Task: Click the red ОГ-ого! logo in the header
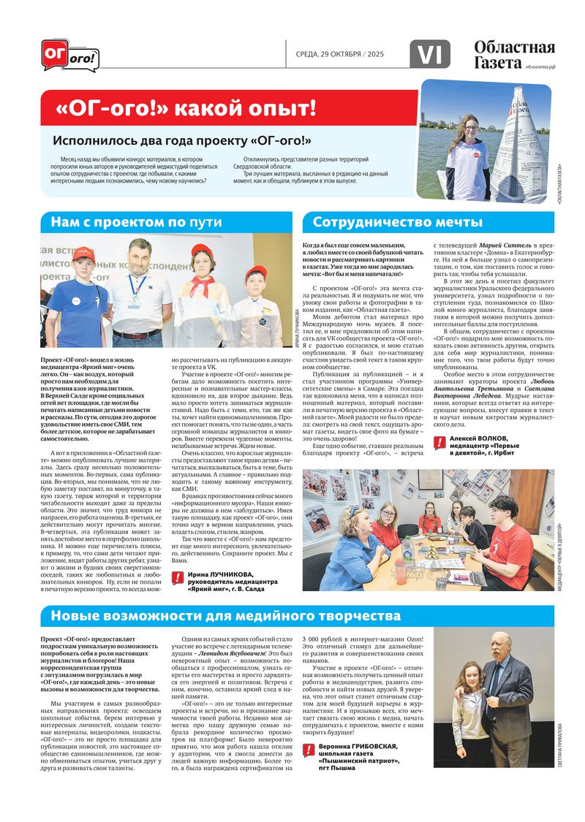coord(69,56)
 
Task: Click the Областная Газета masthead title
coord(513,55)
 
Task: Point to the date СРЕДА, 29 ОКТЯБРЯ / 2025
coord(340,55)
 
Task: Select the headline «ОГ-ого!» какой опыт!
coord(186,109)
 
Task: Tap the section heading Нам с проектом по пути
coord(135,223)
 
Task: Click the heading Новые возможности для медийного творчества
coord(226,616)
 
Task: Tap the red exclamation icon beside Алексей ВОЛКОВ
coord(440,442)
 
